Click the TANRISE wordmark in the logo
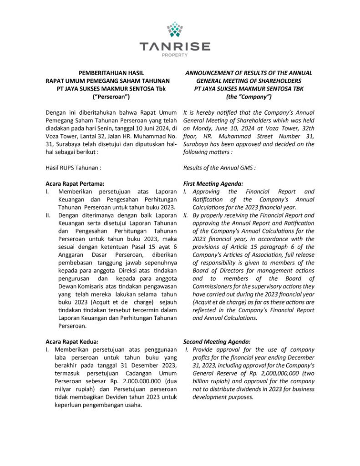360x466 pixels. tap(175, 46)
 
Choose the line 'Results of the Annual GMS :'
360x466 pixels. tap(219, 168)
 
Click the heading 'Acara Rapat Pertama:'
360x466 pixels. tap(75, 184)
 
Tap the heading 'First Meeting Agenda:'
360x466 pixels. tap(213, 184)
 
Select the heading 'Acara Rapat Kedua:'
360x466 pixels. tap(72, 341)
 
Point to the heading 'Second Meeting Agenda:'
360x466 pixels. tap(217, 341)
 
